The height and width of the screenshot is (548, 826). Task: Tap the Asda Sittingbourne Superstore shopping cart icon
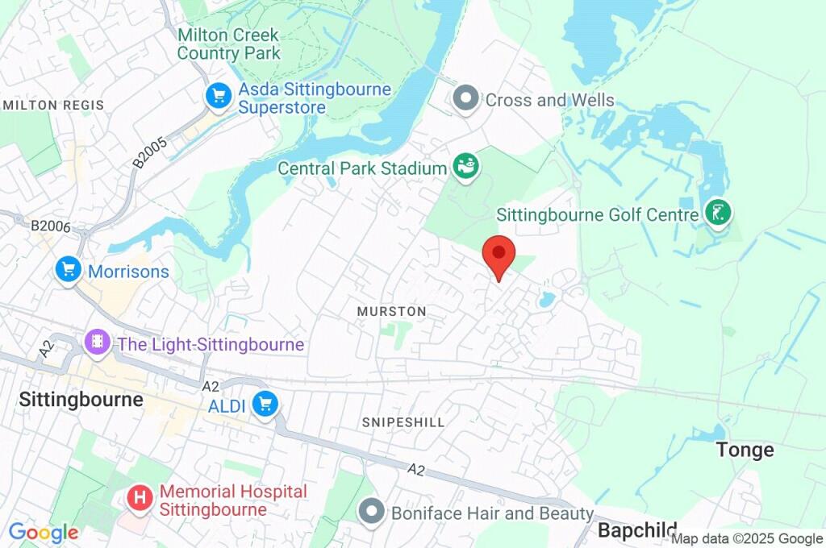pos(219,97)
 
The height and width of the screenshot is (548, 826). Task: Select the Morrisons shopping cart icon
pos(69,270)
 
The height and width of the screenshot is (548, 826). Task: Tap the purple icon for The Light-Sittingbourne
pos(96,343)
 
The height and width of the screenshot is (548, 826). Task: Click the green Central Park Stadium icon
pos(466,167)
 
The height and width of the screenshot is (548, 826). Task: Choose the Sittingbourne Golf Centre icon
pos(716,213)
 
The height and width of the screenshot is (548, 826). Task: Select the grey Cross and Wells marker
pos(465,99)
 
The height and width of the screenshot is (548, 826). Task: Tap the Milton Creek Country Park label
pos(228,44)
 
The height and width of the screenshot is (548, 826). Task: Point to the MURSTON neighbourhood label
pos(391,311)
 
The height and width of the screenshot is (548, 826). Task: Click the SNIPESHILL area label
pos(403,422)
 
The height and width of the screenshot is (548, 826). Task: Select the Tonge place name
pos(745,450)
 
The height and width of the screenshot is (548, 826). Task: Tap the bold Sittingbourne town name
pos(81,400)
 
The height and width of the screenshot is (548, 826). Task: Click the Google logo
pos(43,532)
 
